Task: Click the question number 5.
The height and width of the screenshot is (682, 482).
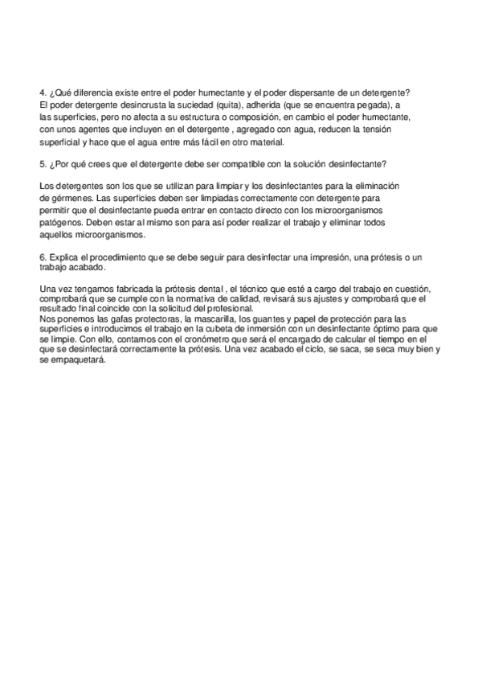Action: (x=42, y=165)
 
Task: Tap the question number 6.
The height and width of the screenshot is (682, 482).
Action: (x=42, y=257)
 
